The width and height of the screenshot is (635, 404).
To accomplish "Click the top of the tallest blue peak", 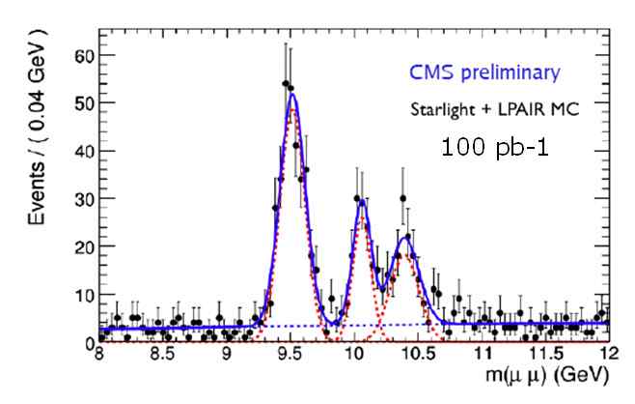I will pyautogui.click(x=291, y=95).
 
